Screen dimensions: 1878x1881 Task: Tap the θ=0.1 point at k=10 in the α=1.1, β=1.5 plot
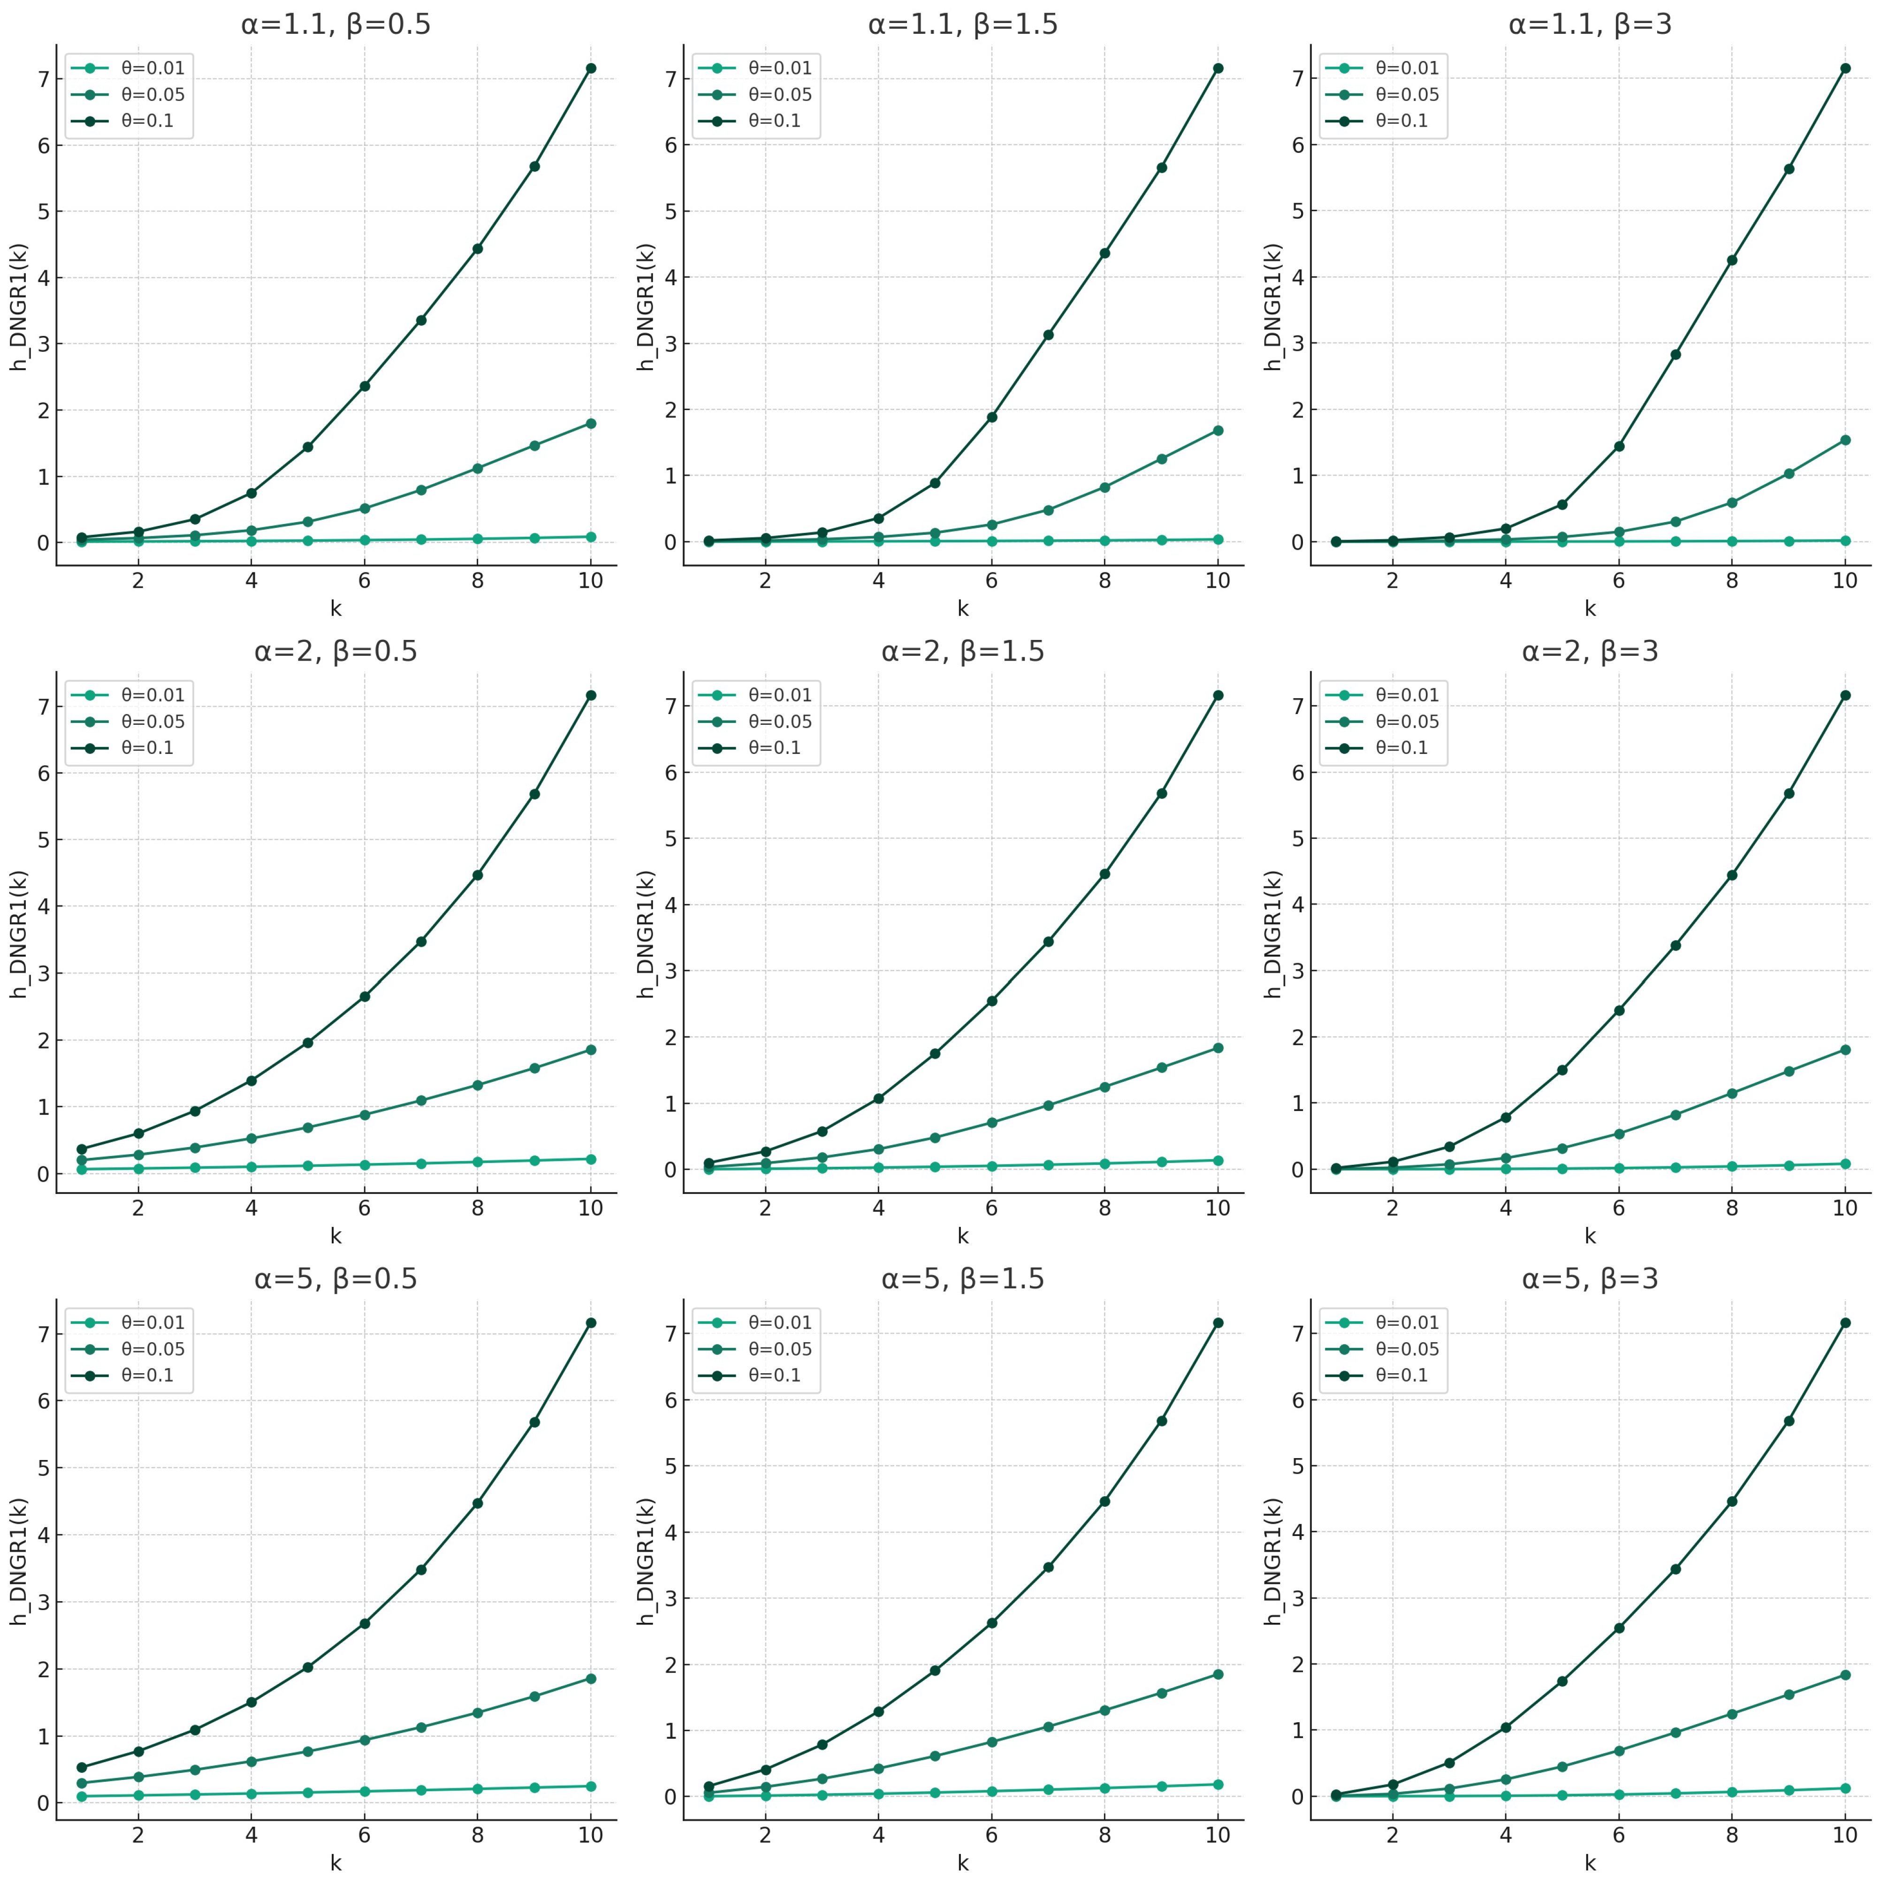point(1218,68)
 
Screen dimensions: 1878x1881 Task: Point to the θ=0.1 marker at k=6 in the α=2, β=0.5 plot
point(364,996)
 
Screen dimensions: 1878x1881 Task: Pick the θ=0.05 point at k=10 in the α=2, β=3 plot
point(1845,1049)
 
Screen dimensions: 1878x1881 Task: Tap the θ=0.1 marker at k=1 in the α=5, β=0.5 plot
point(82,1767)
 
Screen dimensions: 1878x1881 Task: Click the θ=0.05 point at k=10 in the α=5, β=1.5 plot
point(1218,1674)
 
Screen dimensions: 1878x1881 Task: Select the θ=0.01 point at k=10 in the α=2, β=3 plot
point(1845,1163)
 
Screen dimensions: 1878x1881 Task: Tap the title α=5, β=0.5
point(336,1278)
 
